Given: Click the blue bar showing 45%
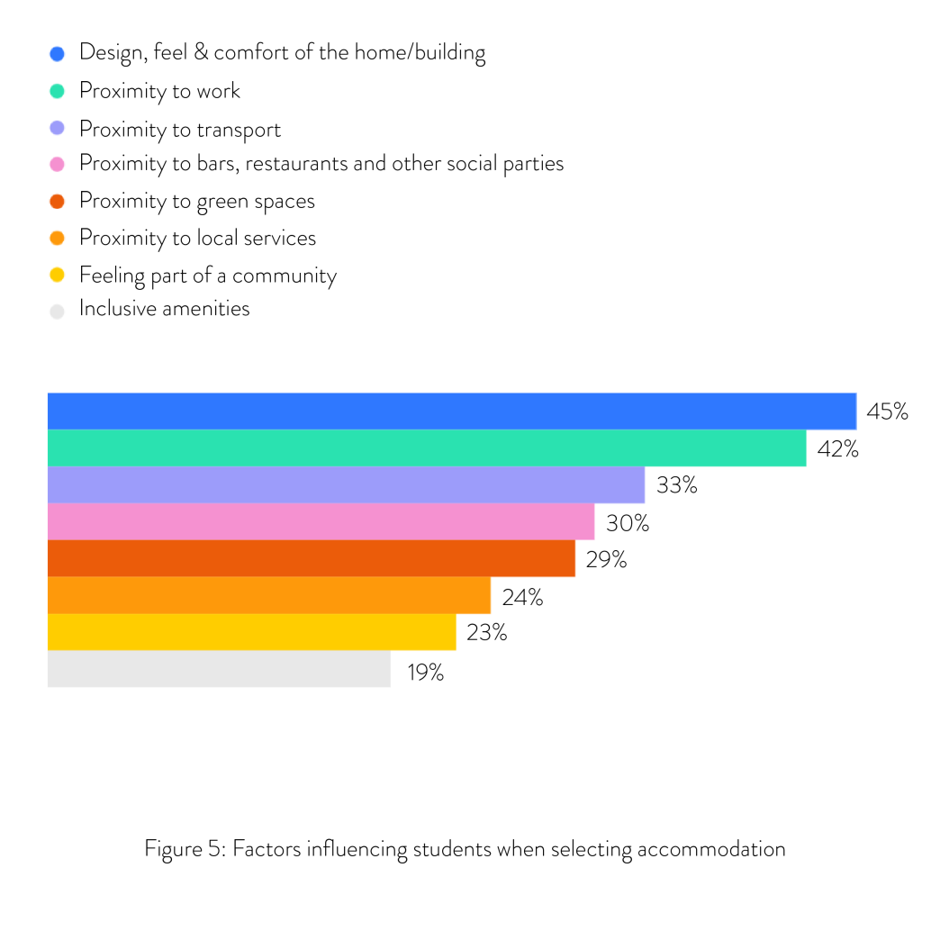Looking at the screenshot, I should click(450, 411).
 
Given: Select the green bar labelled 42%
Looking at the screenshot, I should click(426, 447).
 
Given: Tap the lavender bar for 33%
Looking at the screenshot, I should click(346, 484).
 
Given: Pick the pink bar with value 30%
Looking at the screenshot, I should click(321, 521).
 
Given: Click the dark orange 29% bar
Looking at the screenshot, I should click(311, 558).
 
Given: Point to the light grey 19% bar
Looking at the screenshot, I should click(219, 669).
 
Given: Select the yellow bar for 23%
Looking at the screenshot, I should click(251, 632).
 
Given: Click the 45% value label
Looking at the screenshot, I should click(887, 411).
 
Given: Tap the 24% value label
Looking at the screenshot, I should click(522, 596).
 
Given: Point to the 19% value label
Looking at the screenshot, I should click(424, 671).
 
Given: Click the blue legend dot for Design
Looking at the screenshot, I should click(58, 54).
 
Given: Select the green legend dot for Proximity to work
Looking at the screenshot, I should click(58, 91).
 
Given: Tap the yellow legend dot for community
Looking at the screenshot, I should click(58, 275).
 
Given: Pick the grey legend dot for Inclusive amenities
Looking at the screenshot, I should click(58, 312).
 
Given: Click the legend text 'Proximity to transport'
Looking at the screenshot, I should click(180, 130).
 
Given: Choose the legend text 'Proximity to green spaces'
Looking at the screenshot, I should click(197, 201).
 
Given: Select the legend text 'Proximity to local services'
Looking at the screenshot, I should click(197, 238).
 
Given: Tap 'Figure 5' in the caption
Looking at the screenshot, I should click(183, 848).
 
